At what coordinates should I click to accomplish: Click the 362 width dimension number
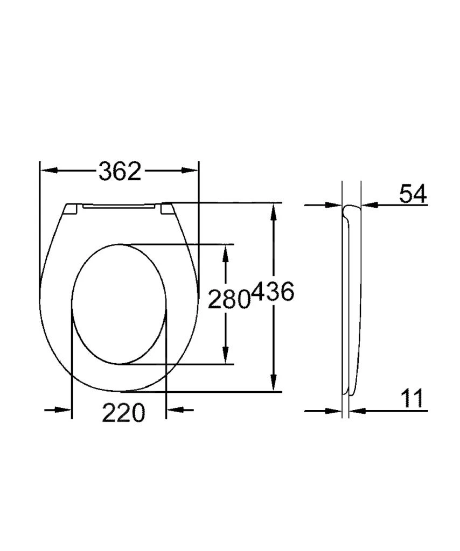pyautogui.click(x=120, y=171)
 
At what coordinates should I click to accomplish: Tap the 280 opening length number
pyautogui.click(x=229, y=300)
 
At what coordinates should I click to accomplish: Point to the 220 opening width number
pyautogui.click(x=123, y=413)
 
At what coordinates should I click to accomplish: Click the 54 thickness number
pyautogui.click(x=413, y=194)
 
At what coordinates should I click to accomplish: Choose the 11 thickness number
pyautogui.click(x=412, y=399)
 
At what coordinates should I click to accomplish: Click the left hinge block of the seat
pyautogui.click(x=72, y=209)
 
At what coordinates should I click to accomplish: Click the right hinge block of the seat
pyautogui.click(x=168, y=209)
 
